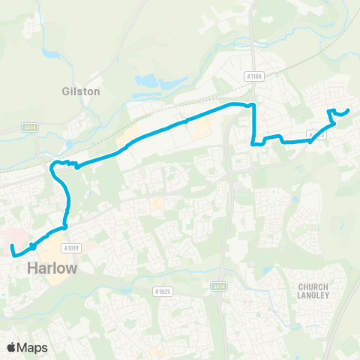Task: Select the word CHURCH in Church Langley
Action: tap(313, 286)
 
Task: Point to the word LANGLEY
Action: tap(313, 295)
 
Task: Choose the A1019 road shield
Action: tap(72, 247)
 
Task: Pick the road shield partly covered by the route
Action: tap(316, 136)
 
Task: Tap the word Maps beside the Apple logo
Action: tap(34, 347)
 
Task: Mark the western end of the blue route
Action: tap(12, 246)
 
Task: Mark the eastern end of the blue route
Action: tap(349, 111)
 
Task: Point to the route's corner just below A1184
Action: tap(253, 106)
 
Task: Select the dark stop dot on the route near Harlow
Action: tap(33, 247)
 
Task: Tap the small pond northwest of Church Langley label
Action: tap(298, 199)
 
